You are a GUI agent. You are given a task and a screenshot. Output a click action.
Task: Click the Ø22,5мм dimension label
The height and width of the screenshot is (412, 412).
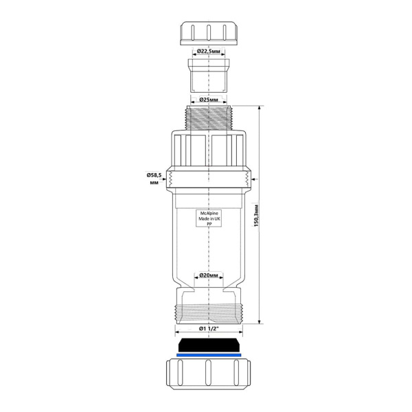click(209, 51)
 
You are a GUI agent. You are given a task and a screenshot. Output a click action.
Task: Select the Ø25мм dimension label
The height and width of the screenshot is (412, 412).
click(209, 100)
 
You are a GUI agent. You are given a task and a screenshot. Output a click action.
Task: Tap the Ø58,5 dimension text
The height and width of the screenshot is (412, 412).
click(154, 175)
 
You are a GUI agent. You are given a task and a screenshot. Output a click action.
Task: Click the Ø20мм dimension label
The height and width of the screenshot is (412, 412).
click(209, 275)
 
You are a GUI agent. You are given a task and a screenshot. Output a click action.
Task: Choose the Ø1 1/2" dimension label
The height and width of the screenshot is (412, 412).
click(209, 328)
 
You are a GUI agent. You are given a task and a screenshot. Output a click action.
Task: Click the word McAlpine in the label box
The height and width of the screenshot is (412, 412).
click(209, 214)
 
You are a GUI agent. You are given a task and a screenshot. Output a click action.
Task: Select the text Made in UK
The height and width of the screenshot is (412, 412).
click(209, 218)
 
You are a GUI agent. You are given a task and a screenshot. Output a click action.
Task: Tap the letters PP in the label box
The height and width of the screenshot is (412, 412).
click(209, 224)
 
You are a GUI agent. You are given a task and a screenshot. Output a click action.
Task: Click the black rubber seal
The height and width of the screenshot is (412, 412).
click(209, 345)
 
